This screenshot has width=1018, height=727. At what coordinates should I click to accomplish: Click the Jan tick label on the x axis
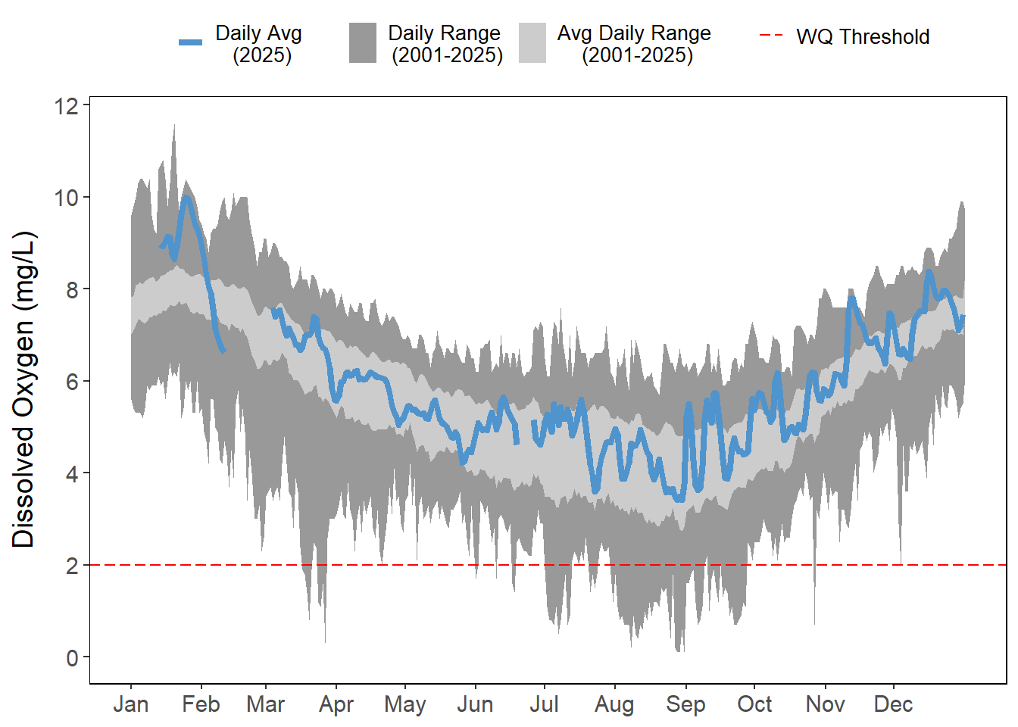coord(130,704)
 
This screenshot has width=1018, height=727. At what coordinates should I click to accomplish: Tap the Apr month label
coord(336,704)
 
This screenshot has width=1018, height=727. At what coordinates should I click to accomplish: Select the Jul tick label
coord(544,704)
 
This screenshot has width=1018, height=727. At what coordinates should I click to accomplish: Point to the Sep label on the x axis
coord(685,704)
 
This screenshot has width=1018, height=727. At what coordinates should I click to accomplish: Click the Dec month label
coord(893,704)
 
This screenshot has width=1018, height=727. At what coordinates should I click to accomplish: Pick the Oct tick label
coord(754,704)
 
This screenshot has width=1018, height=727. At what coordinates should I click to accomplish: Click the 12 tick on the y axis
coord(67,106)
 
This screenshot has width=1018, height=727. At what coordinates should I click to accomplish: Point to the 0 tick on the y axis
coord(72,657)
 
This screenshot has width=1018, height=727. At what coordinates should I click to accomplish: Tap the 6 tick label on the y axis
coord(72,382)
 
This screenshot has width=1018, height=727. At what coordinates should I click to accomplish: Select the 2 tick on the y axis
coord(72,566)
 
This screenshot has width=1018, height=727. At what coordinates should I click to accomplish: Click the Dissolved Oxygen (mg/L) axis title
coord(23,389)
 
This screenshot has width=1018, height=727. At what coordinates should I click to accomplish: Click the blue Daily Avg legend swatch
coord(191,42)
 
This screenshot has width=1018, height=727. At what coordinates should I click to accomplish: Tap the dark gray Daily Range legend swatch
coord(363,42)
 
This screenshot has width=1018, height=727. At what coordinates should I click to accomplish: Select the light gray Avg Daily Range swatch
coord(532,42)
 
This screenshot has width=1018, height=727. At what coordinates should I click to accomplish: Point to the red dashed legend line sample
coord(771,36)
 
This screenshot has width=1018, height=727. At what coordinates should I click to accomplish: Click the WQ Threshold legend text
coord(863,36)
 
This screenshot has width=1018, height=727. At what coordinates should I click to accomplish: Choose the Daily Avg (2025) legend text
coord(259,44)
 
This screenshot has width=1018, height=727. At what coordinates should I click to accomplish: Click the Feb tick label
coord(201,704)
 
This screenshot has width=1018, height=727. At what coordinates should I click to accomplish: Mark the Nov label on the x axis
coord(825,704)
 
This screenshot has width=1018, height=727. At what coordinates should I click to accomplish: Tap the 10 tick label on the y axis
coord(67,198)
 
